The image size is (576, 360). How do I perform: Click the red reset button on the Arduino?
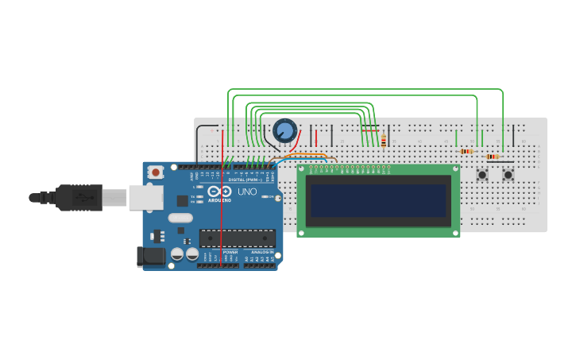(156, 172)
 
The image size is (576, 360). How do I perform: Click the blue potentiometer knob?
(284, 130)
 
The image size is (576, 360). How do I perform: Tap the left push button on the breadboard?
(481, 174)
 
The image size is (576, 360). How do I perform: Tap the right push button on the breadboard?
(508, 174)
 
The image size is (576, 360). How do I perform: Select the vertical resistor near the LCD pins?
(384, 141)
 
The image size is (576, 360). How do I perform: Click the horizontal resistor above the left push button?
(466, 151)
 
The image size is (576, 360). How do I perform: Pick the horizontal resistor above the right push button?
(493, 157)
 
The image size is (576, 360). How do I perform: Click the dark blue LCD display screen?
(378, 200)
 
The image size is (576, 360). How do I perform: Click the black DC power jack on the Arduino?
(150, 256)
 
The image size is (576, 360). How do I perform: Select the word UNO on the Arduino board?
(248, 192)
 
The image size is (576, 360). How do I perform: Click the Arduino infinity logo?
(219, 192)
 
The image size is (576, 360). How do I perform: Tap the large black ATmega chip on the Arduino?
(237, 237)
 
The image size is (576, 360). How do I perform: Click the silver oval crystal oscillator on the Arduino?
(180, 218)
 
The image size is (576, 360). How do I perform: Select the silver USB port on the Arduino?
(145, 197)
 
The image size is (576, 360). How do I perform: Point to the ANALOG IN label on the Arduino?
(261, 252)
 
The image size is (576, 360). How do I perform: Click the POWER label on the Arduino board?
(230, 252)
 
